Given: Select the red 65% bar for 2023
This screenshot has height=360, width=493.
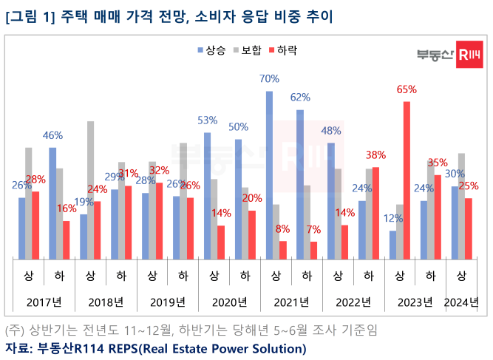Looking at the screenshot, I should pyautogui.click(x=407, y=180).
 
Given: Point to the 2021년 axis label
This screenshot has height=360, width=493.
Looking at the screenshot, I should pyautogui.click(x=290, y=302).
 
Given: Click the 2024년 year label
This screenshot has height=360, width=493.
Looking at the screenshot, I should pyautogui.click(x=460, y=302).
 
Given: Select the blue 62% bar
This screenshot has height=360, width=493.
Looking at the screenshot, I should pyautogui.click(x=300, y=185).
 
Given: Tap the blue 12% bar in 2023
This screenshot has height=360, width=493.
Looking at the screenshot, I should pyautogui.click(x=393, y=245).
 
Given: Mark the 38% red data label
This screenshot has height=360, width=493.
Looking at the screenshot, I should pyautogui.click(x=376, y=155).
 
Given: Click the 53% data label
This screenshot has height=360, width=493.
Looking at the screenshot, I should pyautogui.click(x=207, y=120).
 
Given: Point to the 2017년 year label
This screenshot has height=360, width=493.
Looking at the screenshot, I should pyautogui.click(x=44, y=302).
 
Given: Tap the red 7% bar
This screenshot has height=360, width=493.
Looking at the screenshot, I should pyautogui.click(x=313, y=251).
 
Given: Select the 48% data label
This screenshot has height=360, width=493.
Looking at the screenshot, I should pyautogui.click(x=330, y=131).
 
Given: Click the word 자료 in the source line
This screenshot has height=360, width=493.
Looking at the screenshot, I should pyautogui.click(x=18, y=347).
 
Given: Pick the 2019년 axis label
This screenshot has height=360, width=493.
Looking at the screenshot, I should pyautogui.click(x=167, y=302).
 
